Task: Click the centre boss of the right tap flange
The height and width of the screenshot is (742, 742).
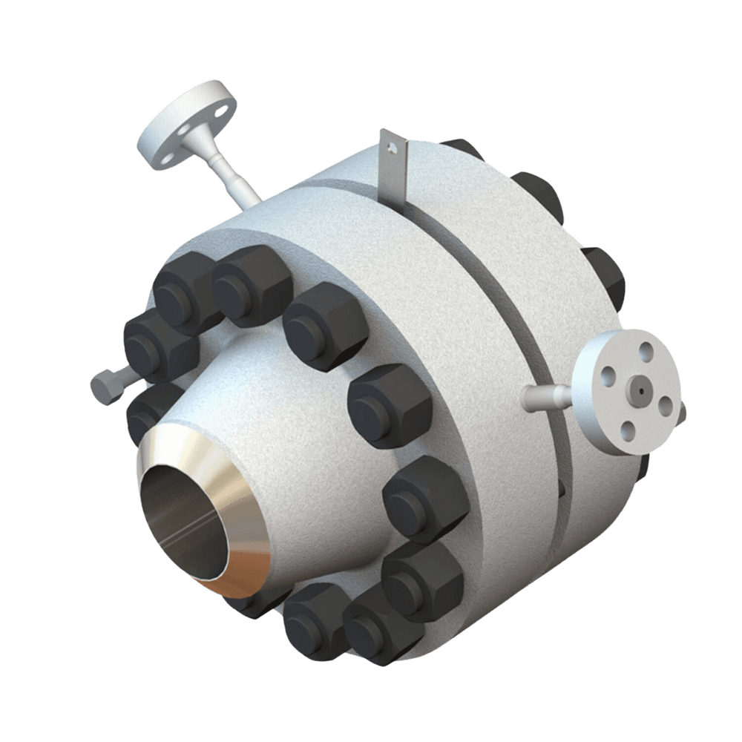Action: pyautogui.click(x=639, y=386)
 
